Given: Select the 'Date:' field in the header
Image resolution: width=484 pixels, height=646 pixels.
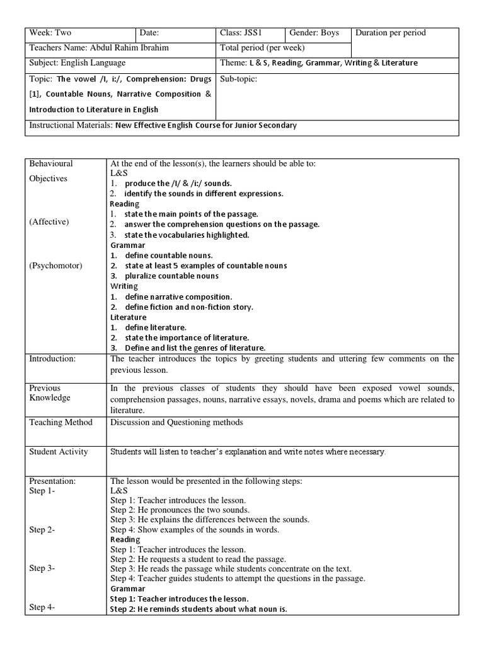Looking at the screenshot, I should click(x=149, y=33).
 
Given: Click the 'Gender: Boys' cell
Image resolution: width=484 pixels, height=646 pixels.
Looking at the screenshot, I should click(x=314, y=33).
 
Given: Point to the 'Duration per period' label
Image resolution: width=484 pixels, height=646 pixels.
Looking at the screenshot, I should click(x=391, y=33).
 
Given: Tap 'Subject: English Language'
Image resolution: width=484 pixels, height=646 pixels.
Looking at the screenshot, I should click(x=78, y=62).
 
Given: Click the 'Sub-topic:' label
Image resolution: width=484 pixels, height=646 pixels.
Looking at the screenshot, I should click(x=239, y=79).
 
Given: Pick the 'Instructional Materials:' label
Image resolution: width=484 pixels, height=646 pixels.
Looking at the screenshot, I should click(x=71, y=125).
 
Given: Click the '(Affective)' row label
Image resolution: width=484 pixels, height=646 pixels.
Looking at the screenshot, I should click(x=49, y=222).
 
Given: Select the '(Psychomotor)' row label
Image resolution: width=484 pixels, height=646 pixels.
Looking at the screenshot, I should click(x=55, y=266).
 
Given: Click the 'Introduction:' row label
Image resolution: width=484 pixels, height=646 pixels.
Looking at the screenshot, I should click(x=52, y=358).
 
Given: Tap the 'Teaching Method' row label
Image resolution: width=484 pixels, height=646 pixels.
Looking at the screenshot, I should click(x=60, y=422).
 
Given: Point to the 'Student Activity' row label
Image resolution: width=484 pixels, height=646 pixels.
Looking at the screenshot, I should click(x=59, y=452).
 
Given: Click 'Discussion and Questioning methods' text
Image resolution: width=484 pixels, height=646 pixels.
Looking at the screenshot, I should click(x=176, y=422).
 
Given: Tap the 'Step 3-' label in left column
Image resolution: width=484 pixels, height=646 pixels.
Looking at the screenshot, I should click(x=42, y=568).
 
